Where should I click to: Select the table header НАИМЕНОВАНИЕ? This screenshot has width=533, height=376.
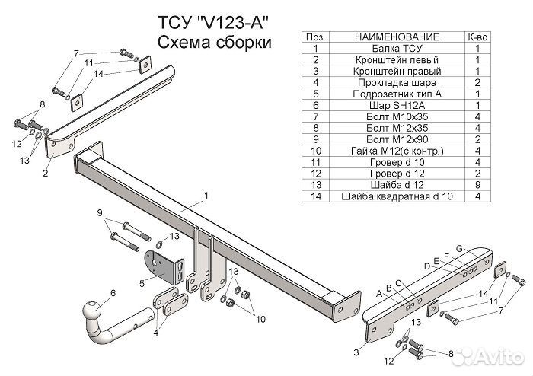pos(397,37)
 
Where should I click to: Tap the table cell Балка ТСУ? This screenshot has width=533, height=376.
pos(397,47)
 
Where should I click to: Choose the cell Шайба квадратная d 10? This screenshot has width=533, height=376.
pos(397,198)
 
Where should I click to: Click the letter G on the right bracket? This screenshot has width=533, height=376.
pos(459,249)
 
